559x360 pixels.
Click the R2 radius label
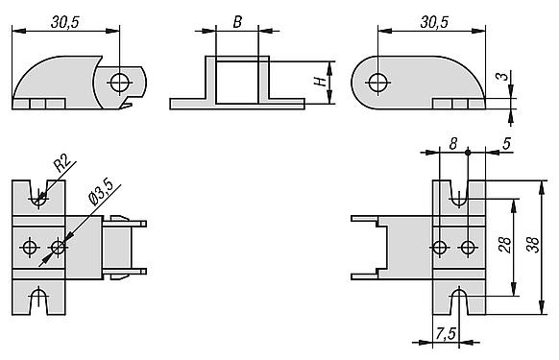(61, 163)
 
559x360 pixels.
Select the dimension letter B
(237, 22)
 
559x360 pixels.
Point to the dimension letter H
(321, 81)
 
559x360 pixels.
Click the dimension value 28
(505, 245)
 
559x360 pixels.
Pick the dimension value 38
(533, 245)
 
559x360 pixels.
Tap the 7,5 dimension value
(446, 334)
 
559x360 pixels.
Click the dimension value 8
(452, 144)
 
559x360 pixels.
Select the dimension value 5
(506, 144)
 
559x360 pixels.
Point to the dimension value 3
(502, 76)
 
